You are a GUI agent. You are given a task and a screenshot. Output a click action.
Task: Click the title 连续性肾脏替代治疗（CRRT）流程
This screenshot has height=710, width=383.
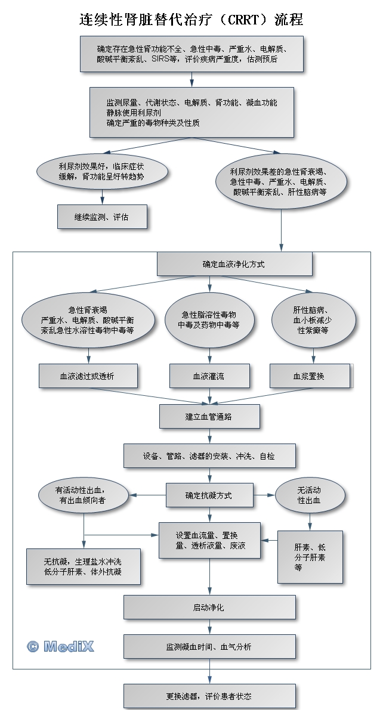pos(191,19)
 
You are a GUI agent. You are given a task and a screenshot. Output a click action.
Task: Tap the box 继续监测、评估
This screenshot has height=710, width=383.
pos(101,217)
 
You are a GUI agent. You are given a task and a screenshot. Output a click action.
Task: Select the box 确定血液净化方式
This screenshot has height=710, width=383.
pos(234,263)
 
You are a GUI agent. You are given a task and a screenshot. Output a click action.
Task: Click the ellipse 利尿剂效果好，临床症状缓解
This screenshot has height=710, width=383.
pos(101,172)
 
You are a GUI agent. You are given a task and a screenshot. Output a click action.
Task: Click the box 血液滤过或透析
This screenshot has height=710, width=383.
pos(88,376)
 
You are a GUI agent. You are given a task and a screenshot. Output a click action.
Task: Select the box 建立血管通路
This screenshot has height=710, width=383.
pos(209,416)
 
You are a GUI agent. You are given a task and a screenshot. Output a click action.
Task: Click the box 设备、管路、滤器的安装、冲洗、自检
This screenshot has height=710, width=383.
pos(209,456)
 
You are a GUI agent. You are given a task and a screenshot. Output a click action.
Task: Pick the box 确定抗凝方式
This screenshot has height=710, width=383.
pos(209,495)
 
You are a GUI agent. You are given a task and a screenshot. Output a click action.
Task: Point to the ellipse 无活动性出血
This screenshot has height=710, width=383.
pos(309,495)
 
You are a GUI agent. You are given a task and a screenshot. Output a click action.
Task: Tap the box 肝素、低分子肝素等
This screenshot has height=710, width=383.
pos(310,557)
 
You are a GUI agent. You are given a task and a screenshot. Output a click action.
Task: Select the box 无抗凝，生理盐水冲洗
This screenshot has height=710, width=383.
pos(84,566)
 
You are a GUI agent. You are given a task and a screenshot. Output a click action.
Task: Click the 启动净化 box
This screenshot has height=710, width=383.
pos(209,607)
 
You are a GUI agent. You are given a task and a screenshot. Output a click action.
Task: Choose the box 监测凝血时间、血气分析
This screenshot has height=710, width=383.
pos(209,646)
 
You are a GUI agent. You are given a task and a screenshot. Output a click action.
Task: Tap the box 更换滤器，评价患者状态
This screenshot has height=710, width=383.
pos(209,696)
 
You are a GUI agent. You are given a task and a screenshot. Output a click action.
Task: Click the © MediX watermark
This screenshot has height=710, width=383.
pos(60,646)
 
